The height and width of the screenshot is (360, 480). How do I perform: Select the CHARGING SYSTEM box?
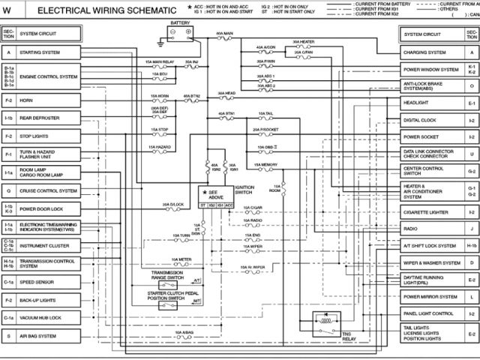tap(433, 53)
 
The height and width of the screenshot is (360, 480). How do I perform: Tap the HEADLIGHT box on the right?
tap(433, 102)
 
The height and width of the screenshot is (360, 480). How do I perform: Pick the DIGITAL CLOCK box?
tap(433, 120)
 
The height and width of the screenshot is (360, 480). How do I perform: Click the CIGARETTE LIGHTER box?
tap(433, 212)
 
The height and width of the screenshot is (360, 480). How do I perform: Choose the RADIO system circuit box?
tap(433, 228)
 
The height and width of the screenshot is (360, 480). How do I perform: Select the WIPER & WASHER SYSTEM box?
tap(433, 263)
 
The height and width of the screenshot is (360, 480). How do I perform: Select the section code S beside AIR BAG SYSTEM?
tap(9, 337)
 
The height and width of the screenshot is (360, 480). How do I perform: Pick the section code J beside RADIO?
tap(472, 228)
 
